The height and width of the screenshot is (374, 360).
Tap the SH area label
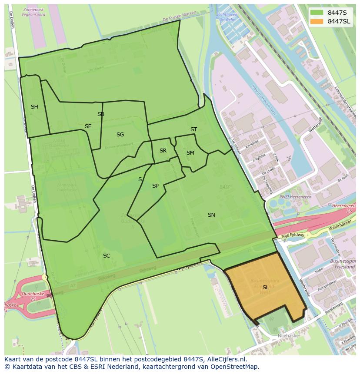[x=34, y=107]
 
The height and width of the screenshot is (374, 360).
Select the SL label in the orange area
[x=265, y=288]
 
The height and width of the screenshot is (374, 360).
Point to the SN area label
[x=211, y=215]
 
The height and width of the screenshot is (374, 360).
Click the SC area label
[x=107, y=256]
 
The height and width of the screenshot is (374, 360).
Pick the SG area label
[x=120, y=135]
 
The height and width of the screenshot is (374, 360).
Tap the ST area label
[x=193, y=129]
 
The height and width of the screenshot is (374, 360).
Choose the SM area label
[x=190, y=153]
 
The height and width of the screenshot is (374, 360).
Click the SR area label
[x=163, y=151]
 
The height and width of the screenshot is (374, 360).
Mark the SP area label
[x=155, y=186]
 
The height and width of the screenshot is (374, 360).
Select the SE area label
[x=88, y=126]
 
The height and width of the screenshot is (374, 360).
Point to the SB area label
[x=101, y=114]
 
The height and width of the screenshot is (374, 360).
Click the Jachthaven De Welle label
[x=227, y=17]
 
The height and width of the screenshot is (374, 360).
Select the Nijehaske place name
[x=288, y=336]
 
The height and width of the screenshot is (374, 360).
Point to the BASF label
[x=225, y=187]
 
